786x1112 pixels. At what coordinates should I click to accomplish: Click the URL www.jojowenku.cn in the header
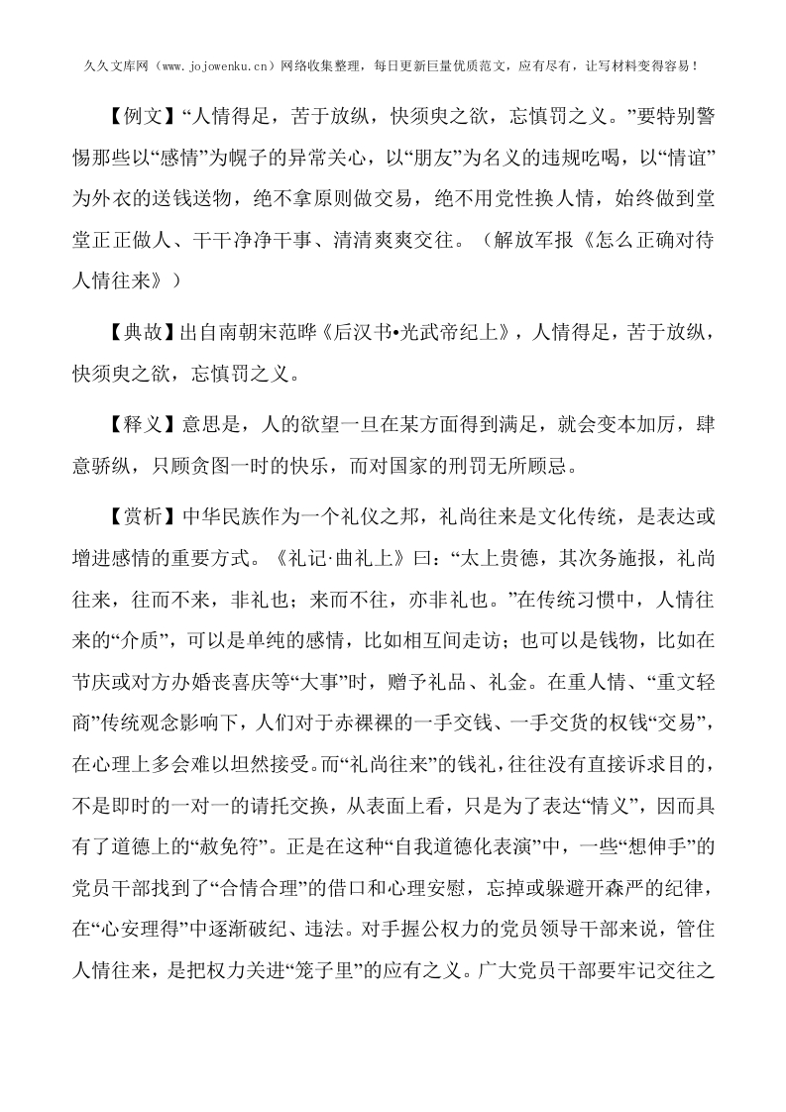(x=223, y=66)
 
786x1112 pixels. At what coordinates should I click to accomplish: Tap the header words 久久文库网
(x=109, y=66)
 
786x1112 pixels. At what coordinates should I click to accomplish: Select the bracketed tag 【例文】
(x=146, y=117)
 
